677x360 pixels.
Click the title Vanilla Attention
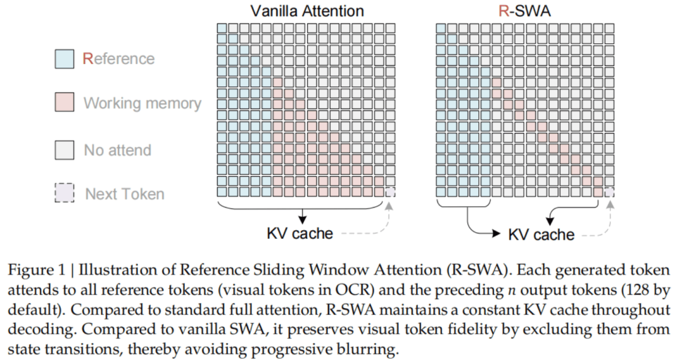point(307,11)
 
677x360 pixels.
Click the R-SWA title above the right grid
point(525,11)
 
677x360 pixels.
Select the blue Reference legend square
point(65,59)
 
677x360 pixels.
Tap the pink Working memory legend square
point(65,102)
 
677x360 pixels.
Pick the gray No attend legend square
point(65,150)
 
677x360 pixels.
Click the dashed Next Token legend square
point(65,193)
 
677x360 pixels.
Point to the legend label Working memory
point(142,103)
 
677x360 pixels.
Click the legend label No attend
point(117,151)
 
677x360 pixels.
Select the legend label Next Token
point(125,194)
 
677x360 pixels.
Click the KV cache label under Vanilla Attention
point(300,233)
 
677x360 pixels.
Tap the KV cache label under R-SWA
point(542,235)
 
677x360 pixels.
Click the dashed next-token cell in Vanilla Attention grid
point(391,192)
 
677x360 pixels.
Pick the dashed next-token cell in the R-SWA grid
point(609,192)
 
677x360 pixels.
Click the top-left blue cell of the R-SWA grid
point(441,28)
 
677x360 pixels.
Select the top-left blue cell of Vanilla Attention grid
point(221,28)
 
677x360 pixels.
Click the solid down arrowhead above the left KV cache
point(303,219)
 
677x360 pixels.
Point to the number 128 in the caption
point(639,290)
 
